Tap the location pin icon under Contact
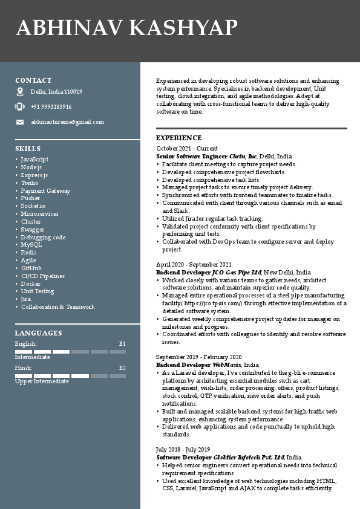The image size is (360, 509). tap(20, 92)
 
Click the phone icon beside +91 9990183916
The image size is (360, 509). tap(20, 107)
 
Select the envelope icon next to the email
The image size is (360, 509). tap(20, 122)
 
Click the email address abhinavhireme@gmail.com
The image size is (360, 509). tap(67, 122)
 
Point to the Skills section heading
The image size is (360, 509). tap(28, 149)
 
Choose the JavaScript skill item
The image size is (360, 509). tap(34, 160)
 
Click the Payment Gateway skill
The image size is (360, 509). tap(45, 191)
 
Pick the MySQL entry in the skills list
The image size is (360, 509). tap(31, 245)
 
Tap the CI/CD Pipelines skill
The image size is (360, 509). tap(43, 276)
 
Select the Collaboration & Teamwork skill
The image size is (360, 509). tap(58, 307)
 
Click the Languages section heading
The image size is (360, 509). tap(38, 333)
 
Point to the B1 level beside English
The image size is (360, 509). tap(122, 344)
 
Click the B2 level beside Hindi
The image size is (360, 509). tap(122, 368)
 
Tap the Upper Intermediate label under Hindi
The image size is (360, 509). tap(42, 381)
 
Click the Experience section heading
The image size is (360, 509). tap(179, 138)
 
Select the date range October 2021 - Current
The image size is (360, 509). tap(187, 149)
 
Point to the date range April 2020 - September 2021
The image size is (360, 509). tap(194, 265)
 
